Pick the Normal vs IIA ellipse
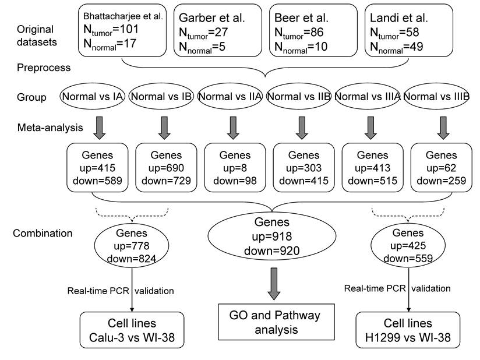[x=232, y=96]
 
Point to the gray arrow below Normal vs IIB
[x=301, y=128]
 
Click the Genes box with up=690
[x=164, y=168]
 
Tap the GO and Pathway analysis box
[x=270, y=322]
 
